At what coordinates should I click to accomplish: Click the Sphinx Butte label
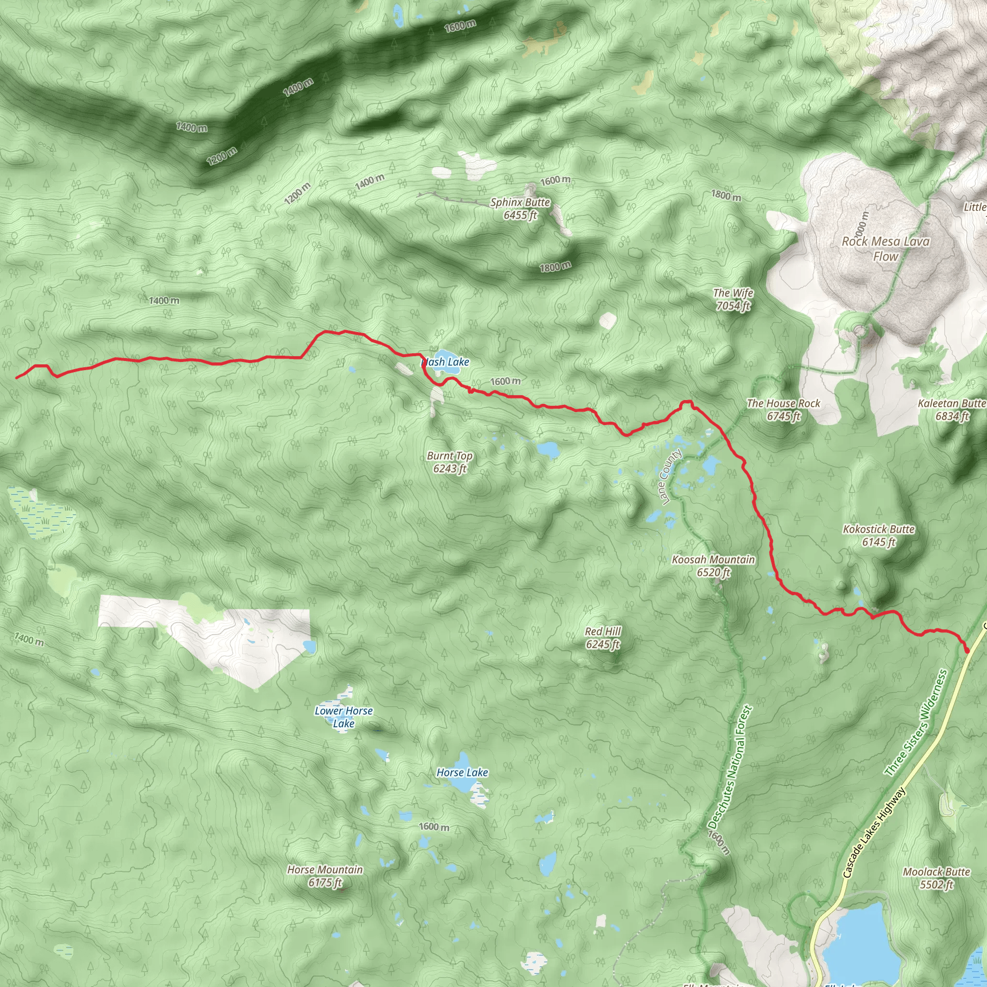pos(520,208)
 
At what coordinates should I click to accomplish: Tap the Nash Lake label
pos(445,362)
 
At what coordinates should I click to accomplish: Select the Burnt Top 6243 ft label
pos(450,462)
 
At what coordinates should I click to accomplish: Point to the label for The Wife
pos(733,299)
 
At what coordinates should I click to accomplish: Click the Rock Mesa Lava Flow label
pos(885,249)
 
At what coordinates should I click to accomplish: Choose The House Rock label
pos(783,410)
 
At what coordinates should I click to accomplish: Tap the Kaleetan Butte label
pos(952,410)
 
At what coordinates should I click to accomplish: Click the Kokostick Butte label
pos(879,535)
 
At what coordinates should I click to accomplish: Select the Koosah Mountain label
pos(713,565)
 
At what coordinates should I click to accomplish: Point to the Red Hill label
pos(603,638)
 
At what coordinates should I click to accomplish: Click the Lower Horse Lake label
pos(343,717)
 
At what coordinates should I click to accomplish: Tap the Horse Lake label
pos(462,773)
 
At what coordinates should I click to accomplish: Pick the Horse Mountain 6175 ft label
pos(325,876)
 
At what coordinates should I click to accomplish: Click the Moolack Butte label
pos(936,878)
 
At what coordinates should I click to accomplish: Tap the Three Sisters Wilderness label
pos(916,723)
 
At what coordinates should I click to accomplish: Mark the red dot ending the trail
pos(967,650)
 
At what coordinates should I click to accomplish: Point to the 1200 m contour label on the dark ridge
pos(222,156)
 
